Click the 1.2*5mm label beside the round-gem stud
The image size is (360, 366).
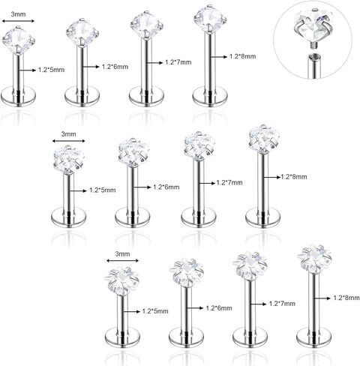click(51, 70)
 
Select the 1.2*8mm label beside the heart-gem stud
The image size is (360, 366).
click(294, 177)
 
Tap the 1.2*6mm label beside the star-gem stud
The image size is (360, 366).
click(219, 308)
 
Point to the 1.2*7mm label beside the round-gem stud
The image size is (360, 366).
click(178, 62)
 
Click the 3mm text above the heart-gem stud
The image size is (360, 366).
click(69, 134)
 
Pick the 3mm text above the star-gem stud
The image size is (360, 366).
click(122, 254)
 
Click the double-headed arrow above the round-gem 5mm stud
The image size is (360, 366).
click(18, 21)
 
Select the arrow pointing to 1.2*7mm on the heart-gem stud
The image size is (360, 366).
click(207, 183)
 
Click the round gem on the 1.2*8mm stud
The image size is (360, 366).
click(210, 19)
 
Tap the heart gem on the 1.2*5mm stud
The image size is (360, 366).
click(69, 160)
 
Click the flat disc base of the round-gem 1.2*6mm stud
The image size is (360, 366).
click(82, 97)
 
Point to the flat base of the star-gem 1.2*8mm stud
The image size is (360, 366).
click(313, 337)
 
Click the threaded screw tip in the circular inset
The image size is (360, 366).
click(312, 45)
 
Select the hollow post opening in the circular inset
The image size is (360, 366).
click(312, 56)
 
